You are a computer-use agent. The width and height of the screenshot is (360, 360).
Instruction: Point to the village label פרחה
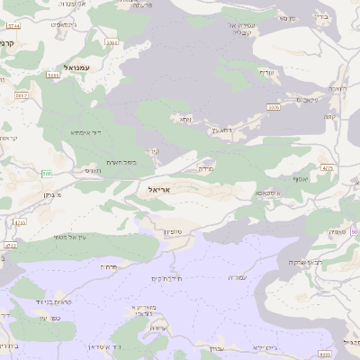coord(112,267)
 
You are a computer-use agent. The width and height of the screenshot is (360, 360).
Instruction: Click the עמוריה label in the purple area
coord(236,278)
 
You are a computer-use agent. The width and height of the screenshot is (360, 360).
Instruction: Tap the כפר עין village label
coord(49,318)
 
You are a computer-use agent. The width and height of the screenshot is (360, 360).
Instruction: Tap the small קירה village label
coord(154,152)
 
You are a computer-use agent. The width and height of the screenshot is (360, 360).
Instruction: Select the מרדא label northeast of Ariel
coord(205,169)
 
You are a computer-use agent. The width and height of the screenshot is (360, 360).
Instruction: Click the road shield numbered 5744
coord(13,27)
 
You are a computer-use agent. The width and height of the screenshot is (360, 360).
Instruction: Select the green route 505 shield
coord(45,172)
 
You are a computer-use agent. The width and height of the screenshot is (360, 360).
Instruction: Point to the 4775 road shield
coord(326,167)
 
